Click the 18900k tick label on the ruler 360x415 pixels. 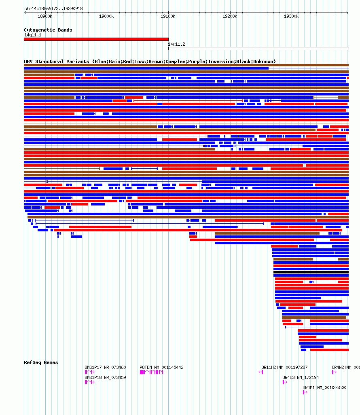coord(44,17)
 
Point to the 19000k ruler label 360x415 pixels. coord(106,17)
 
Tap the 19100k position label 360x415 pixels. coord(168,17)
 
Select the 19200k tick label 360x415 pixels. coord(230,17)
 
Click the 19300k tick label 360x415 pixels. coord(291,17)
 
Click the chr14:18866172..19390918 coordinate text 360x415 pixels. coord(53,8)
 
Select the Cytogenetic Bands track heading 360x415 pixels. coord(48,30)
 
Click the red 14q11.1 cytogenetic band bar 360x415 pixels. coord(96,39)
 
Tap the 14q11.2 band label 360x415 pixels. coord(177,44)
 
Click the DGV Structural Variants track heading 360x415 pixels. coord(150,61)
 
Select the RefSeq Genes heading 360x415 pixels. coord(41,362)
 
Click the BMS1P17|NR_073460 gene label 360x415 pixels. coord(105,367)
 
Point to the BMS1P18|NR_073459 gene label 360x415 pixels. coord(105,377)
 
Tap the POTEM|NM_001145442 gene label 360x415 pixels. coord(161,367)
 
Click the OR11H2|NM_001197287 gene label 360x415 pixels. coord(284,367)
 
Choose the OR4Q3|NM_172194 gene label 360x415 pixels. coord(301,377)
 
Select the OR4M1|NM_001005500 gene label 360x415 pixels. coord(324,387)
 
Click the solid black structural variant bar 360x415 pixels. coord(311,272)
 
